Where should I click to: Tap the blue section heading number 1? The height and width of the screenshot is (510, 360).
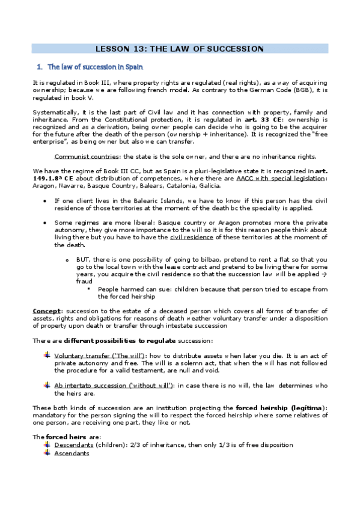tap(39, 67)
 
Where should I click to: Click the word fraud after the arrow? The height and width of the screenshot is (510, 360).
tap(85, 280)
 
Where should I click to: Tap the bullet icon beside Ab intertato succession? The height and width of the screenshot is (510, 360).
tap(47, 384)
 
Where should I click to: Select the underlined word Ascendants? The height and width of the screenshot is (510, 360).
tap(72, 453)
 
